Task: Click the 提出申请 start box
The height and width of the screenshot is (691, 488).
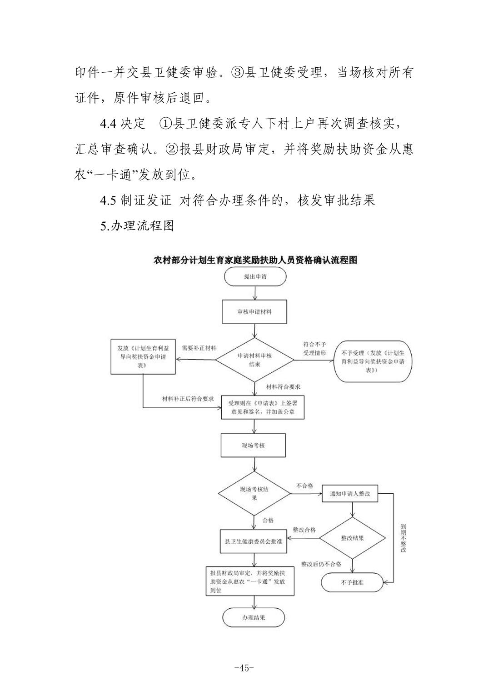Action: (255, 277)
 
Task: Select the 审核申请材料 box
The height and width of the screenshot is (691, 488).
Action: (254, 312)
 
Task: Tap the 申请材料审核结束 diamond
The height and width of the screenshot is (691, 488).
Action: (254, 360)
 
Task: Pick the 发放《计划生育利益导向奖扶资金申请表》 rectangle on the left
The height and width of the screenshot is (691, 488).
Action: (143, 356)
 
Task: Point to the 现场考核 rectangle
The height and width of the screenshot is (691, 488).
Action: (253, 446)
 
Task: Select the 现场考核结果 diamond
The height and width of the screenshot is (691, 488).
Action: (254, 493)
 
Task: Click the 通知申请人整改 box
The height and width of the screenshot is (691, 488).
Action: (350, 494)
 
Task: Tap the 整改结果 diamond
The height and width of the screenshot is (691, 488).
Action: (352, 538)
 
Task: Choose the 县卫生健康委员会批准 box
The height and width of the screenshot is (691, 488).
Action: (254, 541)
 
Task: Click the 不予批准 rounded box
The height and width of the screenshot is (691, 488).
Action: (352, 582)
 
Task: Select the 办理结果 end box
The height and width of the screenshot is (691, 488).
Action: (254, 617)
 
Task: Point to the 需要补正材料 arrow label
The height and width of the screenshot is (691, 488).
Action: (199, 348)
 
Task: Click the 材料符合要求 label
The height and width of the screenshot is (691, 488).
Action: (283, 387)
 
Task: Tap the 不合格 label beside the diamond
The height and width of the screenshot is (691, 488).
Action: (304, 486)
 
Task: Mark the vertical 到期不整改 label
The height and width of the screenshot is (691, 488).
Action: (403, 538)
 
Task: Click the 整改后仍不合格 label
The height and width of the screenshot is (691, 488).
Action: (321, 564)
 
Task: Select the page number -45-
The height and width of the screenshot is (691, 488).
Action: (244, 668)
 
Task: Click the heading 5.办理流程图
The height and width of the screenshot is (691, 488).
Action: (137, 225)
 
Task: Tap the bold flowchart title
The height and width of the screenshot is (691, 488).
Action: (255, 260)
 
